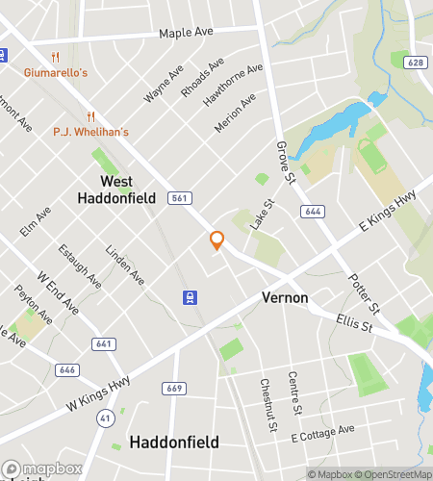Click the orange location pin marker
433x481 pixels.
click(216, 240)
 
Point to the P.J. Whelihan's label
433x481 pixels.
click(90, 131)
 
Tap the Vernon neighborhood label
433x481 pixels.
click(285, 298)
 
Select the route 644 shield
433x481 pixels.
click(312, 211)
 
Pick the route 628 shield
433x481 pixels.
click(416, 63)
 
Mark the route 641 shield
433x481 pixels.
click(103, 343)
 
